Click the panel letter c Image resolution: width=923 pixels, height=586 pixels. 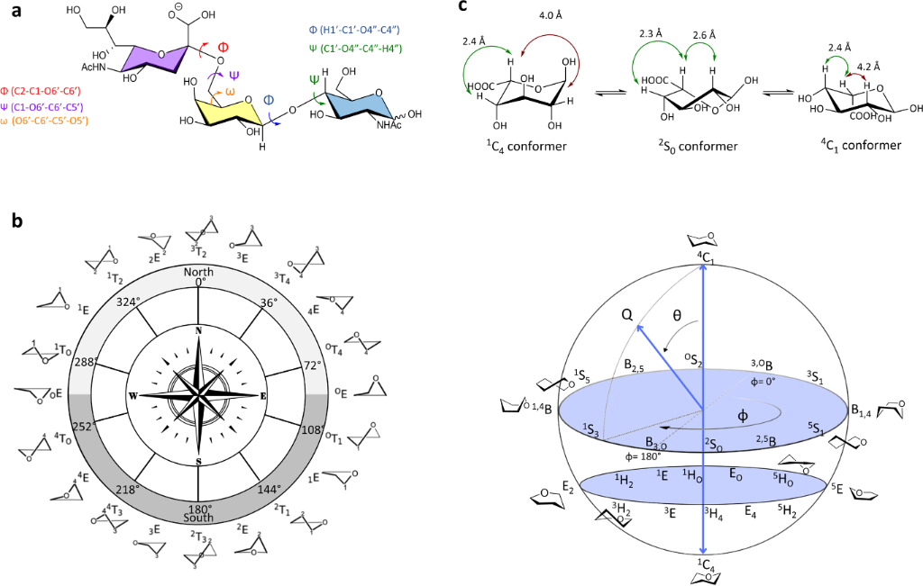click(462, 8)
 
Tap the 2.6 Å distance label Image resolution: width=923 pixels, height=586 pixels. click(705, 36)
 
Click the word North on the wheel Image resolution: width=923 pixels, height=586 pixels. click(198, 271)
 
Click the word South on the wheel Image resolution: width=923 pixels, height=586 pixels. click(198, 518)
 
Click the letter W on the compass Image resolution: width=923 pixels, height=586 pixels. click(133, 395)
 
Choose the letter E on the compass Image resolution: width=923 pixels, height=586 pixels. click(263, 395)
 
